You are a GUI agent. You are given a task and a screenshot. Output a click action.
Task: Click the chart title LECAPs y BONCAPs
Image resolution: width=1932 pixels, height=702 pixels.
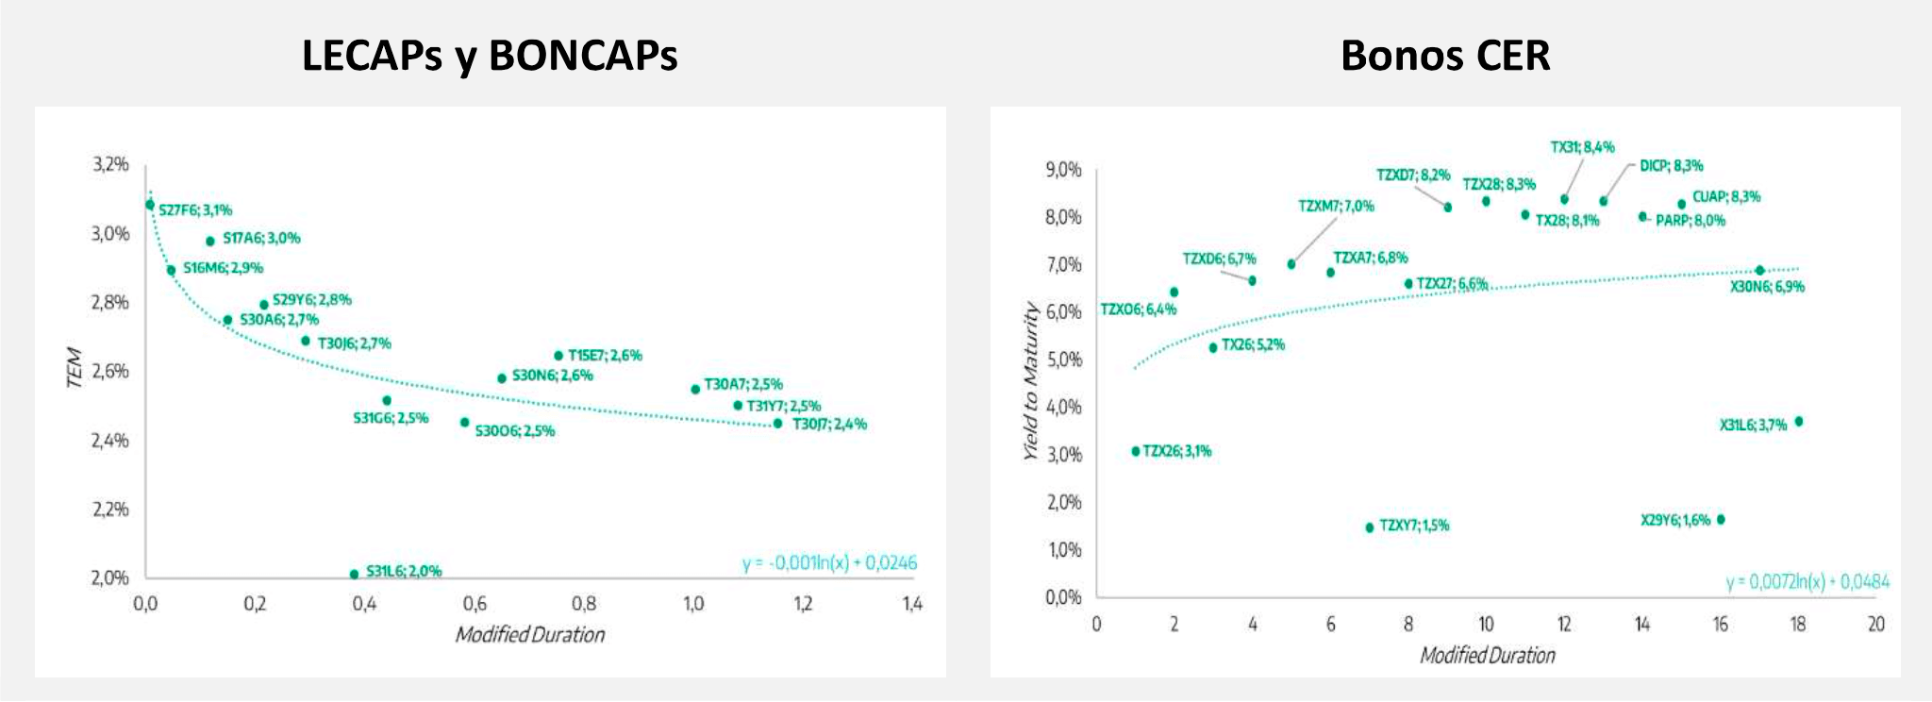[x=490, y=56]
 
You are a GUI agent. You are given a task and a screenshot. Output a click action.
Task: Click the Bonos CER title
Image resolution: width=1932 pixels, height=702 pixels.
[x=1445, y=56]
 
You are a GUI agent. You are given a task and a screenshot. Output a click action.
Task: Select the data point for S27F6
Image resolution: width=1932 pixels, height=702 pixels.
[x=150, y=205]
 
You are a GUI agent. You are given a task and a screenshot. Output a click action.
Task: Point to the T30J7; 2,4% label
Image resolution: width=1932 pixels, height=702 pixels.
[x=829, y=425]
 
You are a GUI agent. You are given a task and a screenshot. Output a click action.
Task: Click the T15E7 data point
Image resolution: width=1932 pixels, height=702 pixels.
[x=558, y=356]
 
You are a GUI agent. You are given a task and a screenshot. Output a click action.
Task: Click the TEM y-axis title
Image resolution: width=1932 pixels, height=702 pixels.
[x=75, y=368]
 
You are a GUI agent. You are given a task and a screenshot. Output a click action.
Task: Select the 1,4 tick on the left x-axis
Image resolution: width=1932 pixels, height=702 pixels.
[x=911, y=604]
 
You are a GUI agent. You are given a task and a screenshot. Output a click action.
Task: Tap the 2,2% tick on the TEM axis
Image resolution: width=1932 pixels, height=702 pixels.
[x=109, y=510]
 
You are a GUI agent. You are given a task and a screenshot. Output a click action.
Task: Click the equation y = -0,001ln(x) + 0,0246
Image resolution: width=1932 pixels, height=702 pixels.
[x=829, y=563]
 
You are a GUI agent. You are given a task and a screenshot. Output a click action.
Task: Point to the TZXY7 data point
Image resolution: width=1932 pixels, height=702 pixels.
[x=1370, y=527]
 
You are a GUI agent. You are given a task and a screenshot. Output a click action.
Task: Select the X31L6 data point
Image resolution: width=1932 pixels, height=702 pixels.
[x=1798, y=422]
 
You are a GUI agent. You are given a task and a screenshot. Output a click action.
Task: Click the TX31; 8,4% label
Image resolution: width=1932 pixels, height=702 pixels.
[x=1582, y=147]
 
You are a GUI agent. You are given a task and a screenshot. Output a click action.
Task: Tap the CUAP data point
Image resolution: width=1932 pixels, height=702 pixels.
[x=1681, y=204]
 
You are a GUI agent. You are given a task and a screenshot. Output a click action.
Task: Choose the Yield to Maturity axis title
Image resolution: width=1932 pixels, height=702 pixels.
[x=1031, y=381]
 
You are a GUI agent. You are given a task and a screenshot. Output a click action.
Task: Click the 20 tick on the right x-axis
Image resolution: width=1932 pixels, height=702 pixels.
[x=1876, y=625]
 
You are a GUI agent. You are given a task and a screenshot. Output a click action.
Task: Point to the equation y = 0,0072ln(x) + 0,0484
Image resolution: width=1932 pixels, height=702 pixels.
[x=1807, y=582]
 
